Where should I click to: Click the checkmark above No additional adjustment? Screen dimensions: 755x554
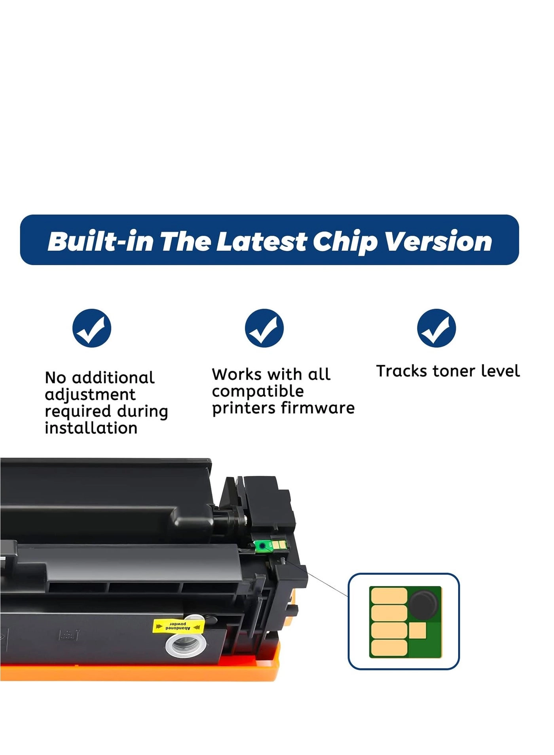(x=92, y=328)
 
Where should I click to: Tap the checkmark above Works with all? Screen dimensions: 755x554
(x=264, y=328)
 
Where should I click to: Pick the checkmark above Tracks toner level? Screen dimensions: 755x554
(x=436, y=328)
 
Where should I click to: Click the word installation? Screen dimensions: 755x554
(x=91, y=428)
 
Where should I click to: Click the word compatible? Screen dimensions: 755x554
(x=258, y=391)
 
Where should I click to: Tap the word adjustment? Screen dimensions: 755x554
(x=90, y=394)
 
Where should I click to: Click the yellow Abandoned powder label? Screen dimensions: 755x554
(x=178, y=626)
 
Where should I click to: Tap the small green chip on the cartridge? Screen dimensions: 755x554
(x=271, y=545)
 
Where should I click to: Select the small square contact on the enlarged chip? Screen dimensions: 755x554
(x=417, y=631)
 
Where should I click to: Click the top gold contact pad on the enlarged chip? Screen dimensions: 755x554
(x=389, y=596)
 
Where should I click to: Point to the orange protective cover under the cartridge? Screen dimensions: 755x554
(x=138, y=671)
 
